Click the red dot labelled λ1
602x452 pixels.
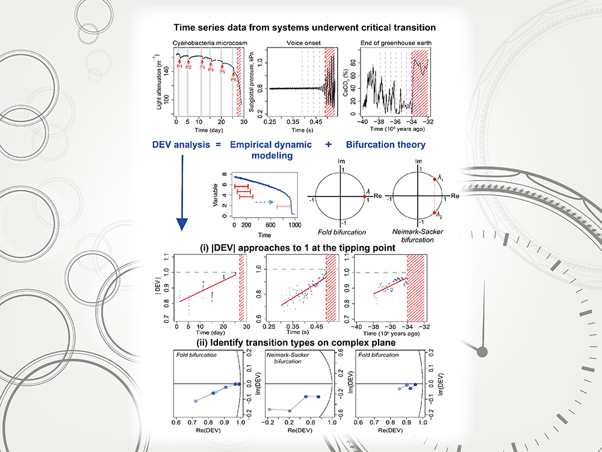pos(434,180)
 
